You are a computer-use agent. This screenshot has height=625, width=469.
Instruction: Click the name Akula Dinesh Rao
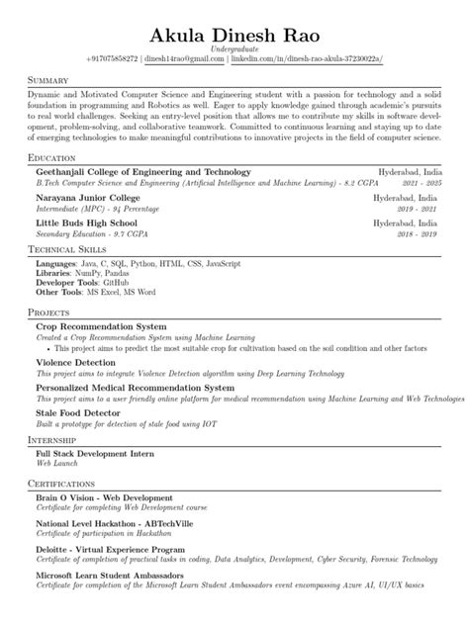click(x=234, y=35)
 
